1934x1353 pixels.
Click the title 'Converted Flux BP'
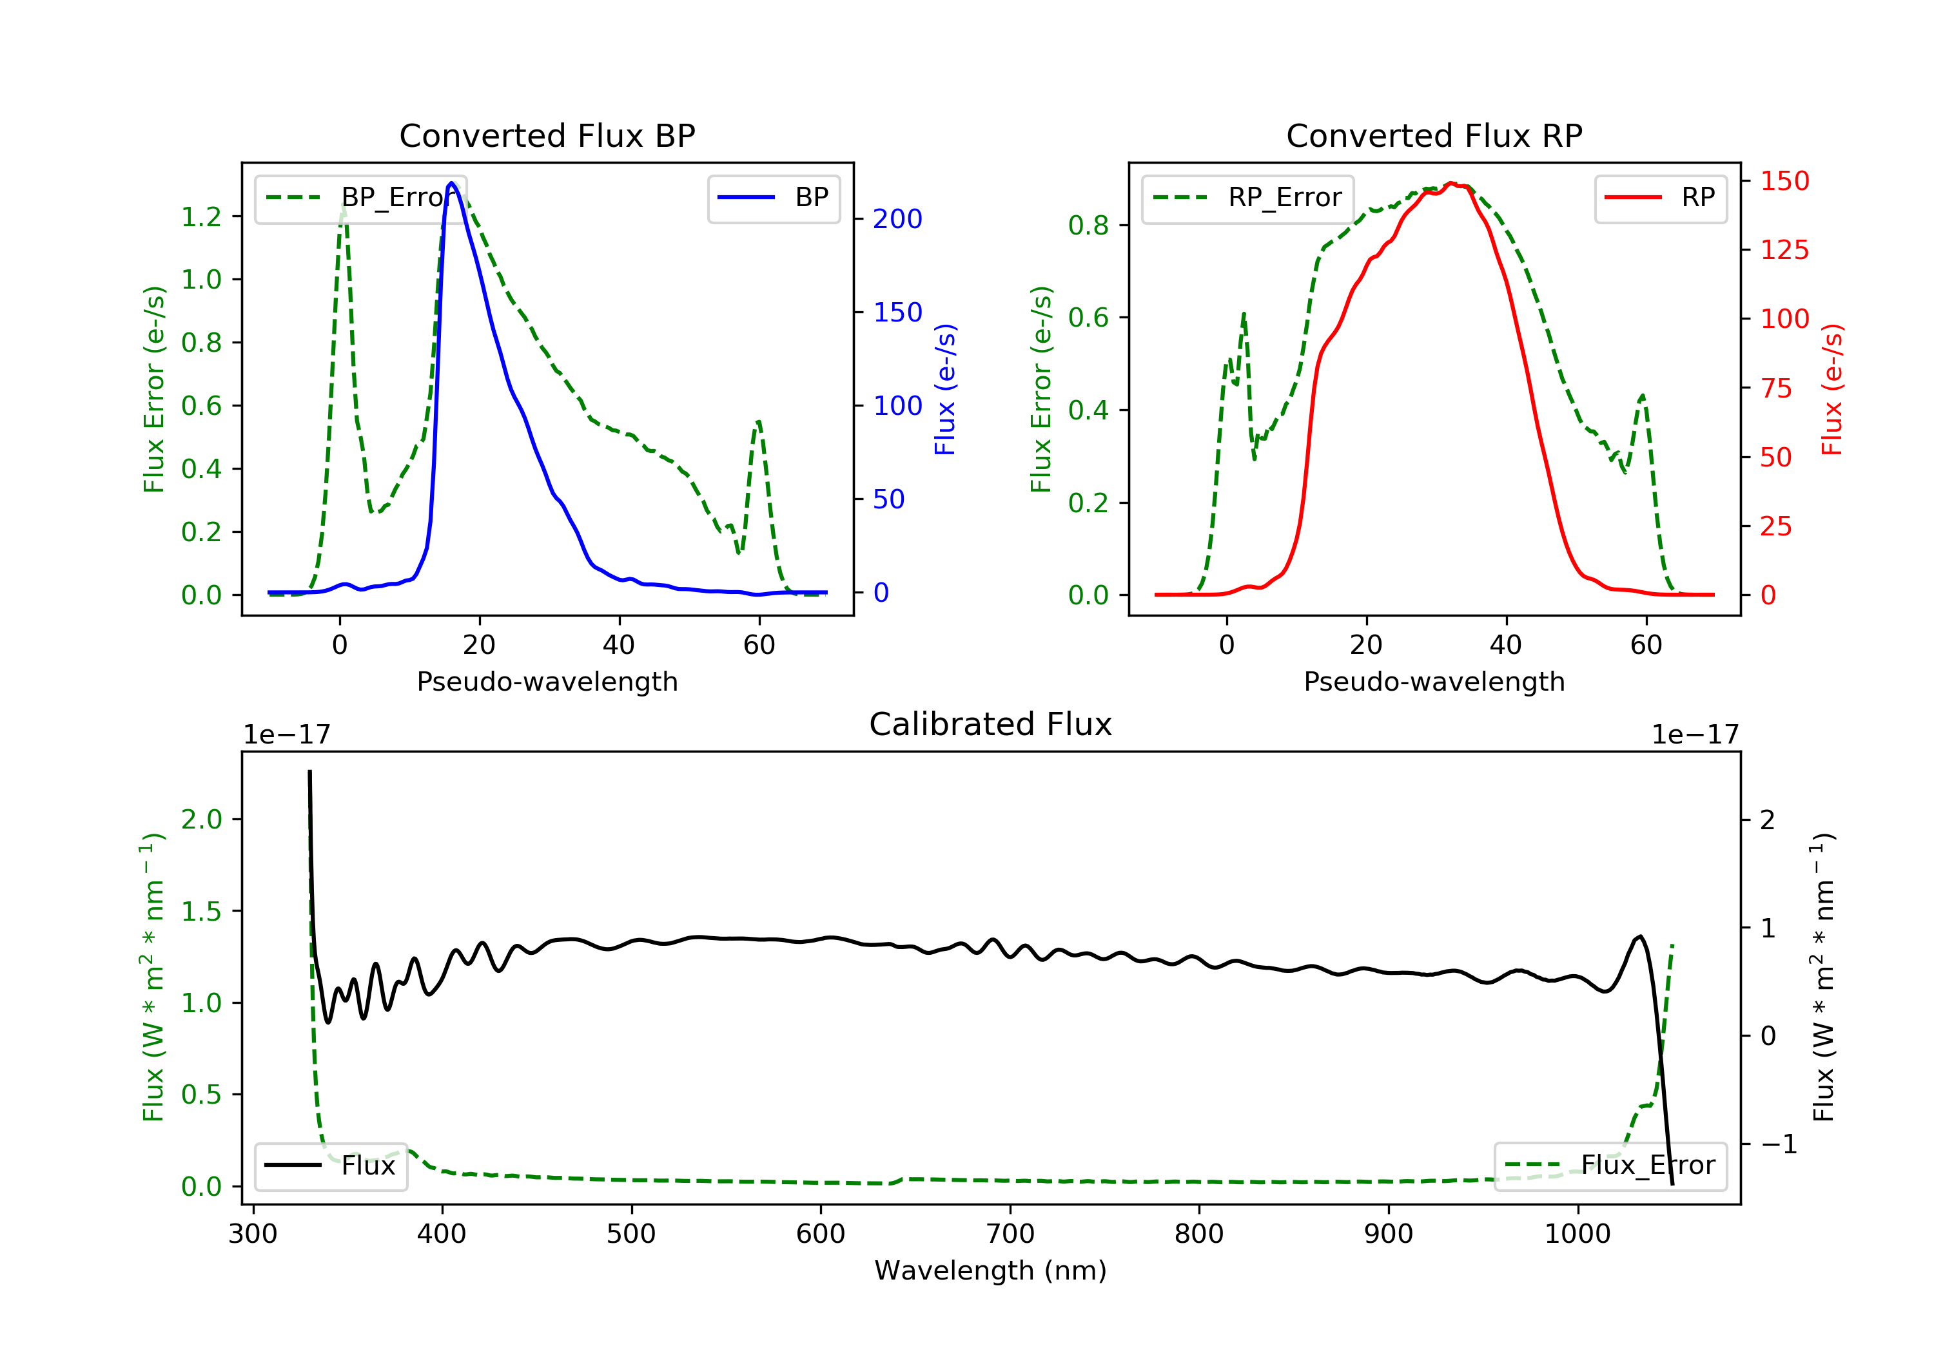coord(547,135)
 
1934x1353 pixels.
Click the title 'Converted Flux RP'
coord(1434,135)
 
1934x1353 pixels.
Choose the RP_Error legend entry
coord(1247,198)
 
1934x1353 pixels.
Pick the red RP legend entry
coord(1659,198)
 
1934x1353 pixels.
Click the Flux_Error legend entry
coord(1610,1166)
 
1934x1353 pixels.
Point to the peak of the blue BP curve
coord(451,183)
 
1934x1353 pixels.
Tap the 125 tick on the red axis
coord(1784,250)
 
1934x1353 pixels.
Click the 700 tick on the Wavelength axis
coord(1010,1234)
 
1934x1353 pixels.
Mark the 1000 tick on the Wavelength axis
coord(1577,1234)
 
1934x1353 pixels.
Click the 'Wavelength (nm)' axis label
coord(991,1271)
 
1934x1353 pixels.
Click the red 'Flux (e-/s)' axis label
coord(1832,390)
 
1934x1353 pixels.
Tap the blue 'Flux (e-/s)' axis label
coord(945,390)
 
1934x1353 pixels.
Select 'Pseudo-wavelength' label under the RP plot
coord(1434,681)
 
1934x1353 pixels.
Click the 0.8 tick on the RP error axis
coord(1088,225)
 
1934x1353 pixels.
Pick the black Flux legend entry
coord(329,1166)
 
